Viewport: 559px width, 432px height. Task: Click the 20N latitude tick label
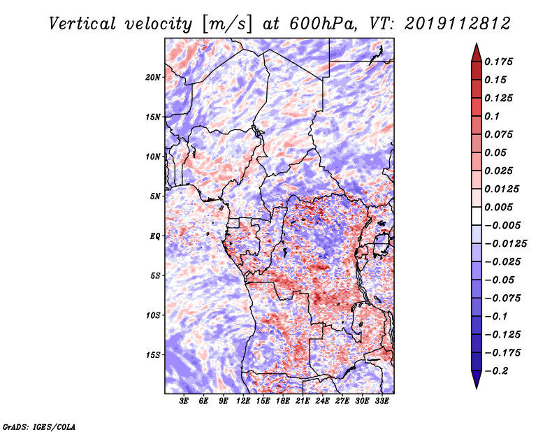tap(153, 78)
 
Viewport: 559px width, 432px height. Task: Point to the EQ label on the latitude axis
tap(154, 236)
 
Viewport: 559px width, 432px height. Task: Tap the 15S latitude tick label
tap(153, 355)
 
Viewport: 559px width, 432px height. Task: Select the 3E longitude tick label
tap(184, 401)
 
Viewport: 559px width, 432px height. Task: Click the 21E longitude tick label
tap(303, 401)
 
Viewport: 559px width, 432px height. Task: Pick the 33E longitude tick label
tap(382, 401)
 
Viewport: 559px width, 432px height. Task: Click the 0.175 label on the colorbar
tap(498, 62)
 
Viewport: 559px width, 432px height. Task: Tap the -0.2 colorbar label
tap(496, 371)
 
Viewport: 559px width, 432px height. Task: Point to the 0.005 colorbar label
tap(498, 207)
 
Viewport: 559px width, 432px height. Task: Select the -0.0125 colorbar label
tap(505, 244)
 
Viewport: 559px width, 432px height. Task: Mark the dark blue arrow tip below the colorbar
tap(477, 388)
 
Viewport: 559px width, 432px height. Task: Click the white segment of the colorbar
tap(477, 216)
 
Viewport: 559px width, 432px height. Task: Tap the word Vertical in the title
tap(82, 24)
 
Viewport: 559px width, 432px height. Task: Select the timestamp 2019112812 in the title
tap(458, 24)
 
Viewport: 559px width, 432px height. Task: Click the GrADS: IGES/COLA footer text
tap(39, 426)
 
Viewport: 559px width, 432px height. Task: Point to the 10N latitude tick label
tap(153, 157)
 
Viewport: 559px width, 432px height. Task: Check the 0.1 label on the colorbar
tap(492, 116)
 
